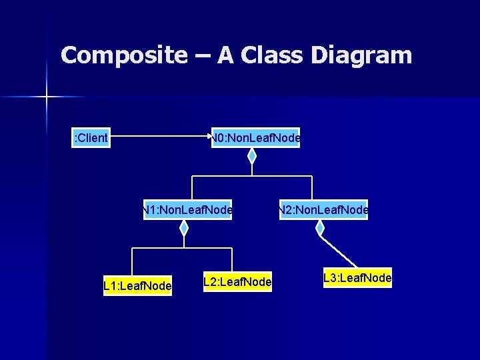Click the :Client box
click(91, 138)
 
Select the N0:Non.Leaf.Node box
click(256, 138)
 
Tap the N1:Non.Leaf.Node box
click(187, 210)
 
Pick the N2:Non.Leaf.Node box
click(323, 210)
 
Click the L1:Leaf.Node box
click(137, 286)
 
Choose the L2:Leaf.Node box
click(237, 282)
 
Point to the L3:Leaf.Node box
click(357, 277)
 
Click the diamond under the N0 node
click(252, 156)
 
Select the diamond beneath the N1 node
click(184, 228)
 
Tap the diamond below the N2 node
click(320, 228)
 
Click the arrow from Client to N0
click(160, 137)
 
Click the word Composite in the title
click(123, 55)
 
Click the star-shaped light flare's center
click(47, 97)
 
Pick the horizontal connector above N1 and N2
click(252, 176)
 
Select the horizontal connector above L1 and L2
click(181, 248)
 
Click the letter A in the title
click(225, 55)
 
